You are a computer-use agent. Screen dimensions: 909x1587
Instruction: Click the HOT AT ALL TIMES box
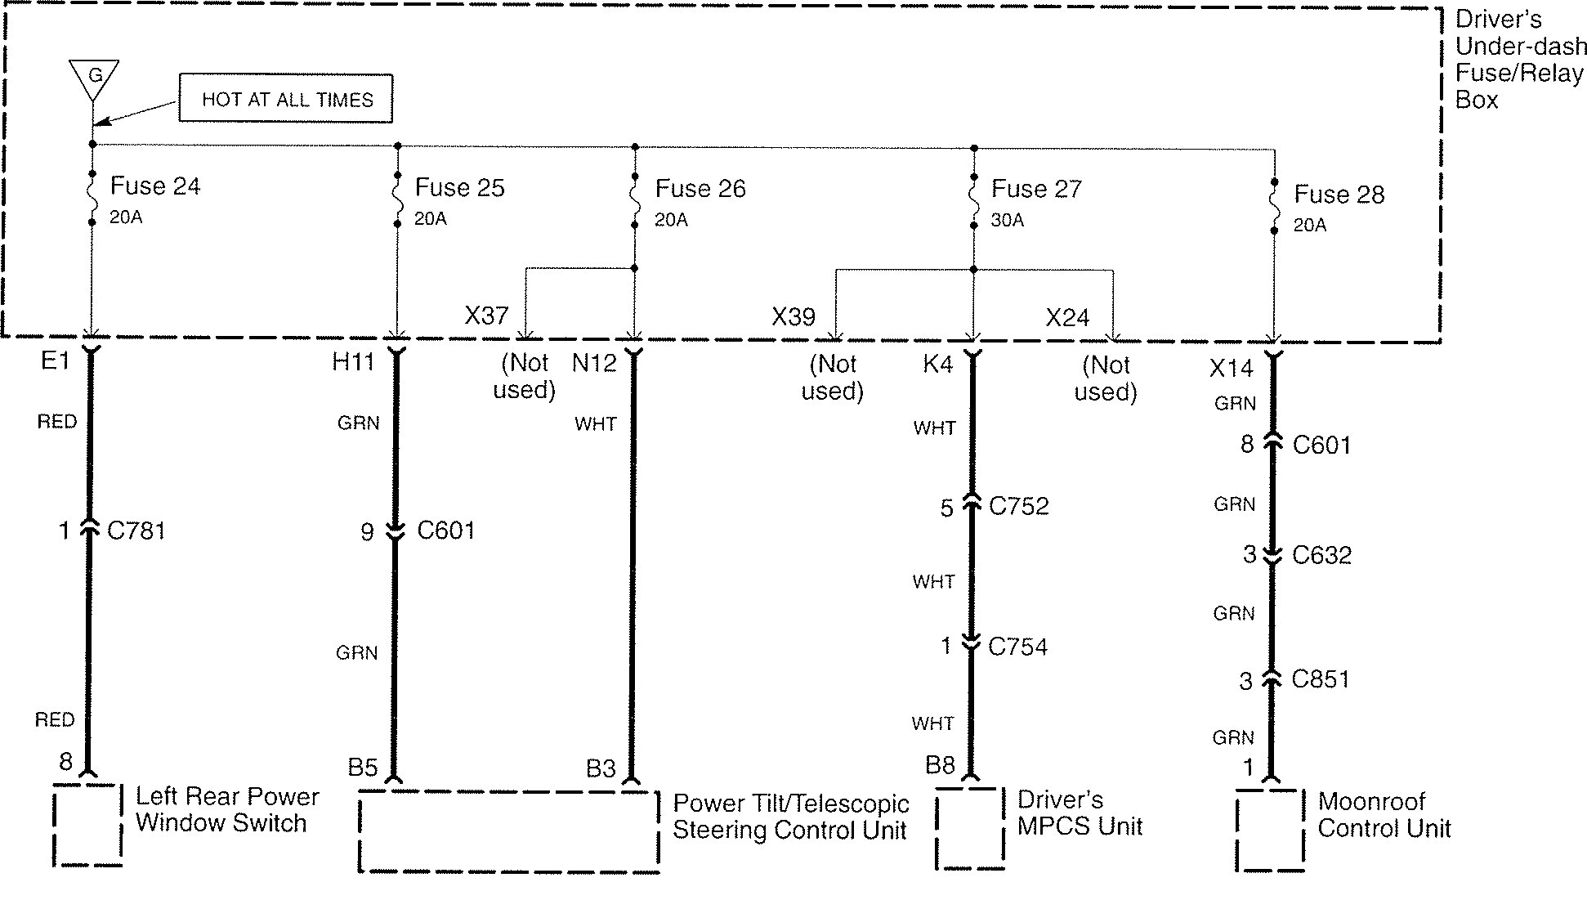[x=286, y=99]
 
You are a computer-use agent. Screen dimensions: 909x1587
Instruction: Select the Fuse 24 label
[x=154, y=186]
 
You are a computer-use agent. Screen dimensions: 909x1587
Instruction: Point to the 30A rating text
[x=1007, y=221]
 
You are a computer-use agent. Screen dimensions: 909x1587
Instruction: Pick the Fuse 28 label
[x=1339, y=195]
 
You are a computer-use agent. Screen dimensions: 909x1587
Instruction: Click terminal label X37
[x=486, y=316]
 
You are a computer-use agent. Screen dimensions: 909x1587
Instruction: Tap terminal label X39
[x=793, y=317]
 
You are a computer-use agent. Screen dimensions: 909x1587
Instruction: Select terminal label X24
[x=1067, y=318]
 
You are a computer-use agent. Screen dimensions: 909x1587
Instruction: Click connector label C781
[x=136, y=531]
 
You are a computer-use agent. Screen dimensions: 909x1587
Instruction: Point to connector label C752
[x=1018, y=506]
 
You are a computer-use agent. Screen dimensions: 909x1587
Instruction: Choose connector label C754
[x=1017, y=647]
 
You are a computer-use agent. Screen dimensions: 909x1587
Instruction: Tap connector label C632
[x=1321, y=555]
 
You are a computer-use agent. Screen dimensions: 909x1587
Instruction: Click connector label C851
[x=1321, y=679]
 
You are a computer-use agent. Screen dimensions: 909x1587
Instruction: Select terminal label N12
[x=593, y=362]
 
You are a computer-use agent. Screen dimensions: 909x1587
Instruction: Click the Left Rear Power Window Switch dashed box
[x=87, y=825]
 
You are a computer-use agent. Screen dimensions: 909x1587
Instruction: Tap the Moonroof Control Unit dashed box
[x=1270, y=830]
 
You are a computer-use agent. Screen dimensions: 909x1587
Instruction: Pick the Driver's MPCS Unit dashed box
[x=970, y=828]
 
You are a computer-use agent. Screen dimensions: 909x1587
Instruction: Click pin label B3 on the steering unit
[x=601, y=768]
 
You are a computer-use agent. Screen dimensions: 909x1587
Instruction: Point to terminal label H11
[x=353, y=361]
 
